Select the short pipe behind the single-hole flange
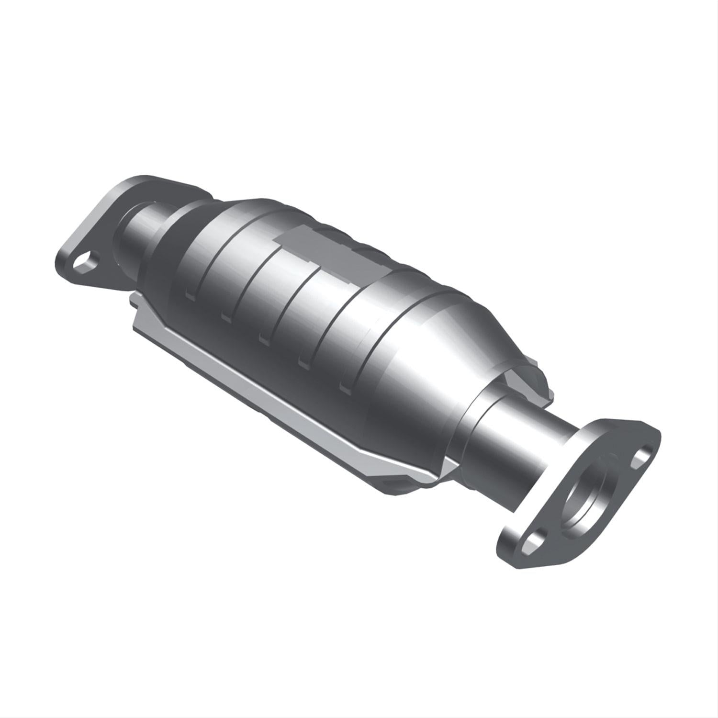[x=144, y=225]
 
